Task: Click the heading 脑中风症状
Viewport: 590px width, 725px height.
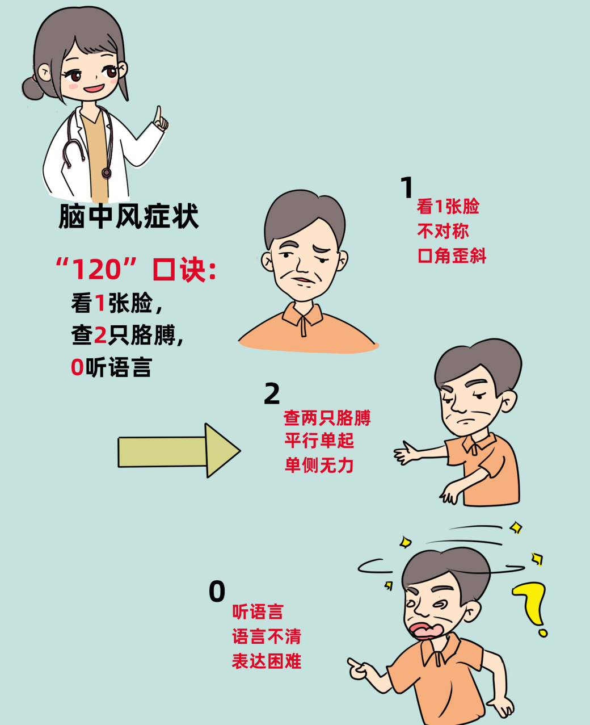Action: click(129, 216)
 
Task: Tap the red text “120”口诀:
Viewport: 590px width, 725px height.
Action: click(136, 269)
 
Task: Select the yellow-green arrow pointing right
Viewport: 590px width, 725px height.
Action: click(179, 450)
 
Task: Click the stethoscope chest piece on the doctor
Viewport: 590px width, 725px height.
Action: click(107, 173)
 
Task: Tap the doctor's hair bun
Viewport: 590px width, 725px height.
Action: click(33, 88)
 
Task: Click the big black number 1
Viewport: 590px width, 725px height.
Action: click(406, 187)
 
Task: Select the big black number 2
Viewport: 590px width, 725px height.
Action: click(272, 393)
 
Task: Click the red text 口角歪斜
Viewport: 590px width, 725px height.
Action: click(452, 255)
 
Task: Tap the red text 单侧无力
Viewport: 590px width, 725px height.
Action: click(319, 465)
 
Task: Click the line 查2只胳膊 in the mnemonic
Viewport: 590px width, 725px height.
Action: click(127, 335)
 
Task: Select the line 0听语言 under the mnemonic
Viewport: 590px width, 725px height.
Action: click(111, 367)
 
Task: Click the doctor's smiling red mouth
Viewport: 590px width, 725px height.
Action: click(94, 89)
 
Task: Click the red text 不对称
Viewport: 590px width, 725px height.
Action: click(442, 231)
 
